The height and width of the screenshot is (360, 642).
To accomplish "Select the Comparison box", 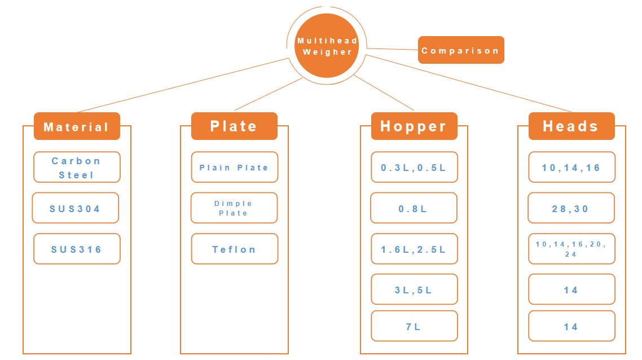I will [x=460, y=50].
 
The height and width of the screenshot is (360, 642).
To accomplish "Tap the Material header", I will [x=77, y=126].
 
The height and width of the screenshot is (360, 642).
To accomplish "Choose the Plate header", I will [x=234, y=126].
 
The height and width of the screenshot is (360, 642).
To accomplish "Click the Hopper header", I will [x=414, y=126].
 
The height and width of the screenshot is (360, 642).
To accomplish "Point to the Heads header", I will [x=571, y=126].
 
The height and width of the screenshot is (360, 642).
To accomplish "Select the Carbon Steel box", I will [x=77, y=167].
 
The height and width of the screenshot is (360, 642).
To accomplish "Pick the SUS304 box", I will [x=75, y=208].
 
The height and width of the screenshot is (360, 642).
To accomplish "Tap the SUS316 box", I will [x=77, y=249].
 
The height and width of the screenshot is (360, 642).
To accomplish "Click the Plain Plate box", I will [x=234, y=167].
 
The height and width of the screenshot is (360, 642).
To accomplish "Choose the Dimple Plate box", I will [x=234, y=208].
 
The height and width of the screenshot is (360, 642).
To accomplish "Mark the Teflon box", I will [x=234, y=249].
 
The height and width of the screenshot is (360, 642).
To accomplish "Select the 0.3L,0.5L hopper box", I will [x=414, y=167].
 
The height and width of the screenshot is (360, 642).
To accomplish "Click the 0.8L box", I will [x=413, y=208].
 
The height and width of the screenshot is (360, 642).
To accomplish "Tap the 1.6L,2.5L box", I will [x=414, y=249].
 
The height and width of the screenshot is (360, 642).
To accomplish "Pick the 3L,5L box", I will [x=414, y=289].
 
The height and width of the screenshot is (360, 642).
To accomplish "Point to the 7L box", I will [x=414, y=326].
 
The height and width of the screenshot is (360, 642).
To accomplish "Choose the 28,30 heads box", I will [x=571, y=208].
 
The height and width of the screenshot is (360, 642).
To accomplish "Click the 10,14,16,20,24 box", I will [x=571, y=249].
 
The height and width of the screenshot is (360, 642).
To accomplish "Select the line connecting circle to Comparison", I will [x=392, y=49].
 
